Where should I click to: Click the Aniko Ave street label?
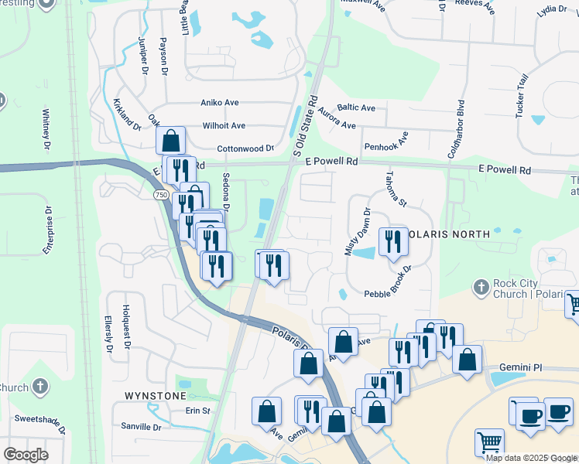coord(220,102)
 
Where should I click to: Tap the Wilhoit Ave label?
coord(224,125)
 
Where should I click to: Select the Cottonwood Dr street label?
coord(245,148)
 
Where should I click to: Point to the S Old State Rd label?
coord(306,125)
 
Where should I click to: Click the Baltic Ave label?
coord(356,107)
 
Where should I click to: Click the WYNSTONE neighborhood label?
coord(156,395)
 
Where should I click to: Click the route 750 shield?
coord(160,196)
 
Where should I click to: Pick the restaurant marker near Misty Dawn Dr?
coord(392,241)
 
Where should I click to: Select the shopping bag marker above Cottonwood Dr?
coord(171,141)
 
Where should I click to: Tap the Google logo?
coord(26,454)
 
